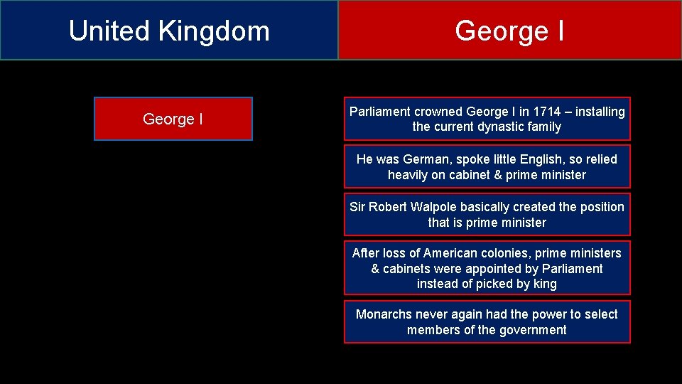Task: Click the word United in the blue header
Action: pyautogui.click(x=109, y=31)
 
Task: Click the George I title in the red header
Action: pyautogui.click(x=509, y=31)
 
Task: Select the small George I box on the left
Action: pyautogui.click(x=173, y=119)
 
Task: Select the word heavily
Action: pyautogui.click(x=407, y=175)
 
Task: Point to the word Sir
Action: pyautogui.click(x=358, y=207)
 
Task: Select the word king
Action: pyautogui.click(x=545, y=284)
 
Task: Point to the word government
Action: pyautogui.click(x=532, y=330)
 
